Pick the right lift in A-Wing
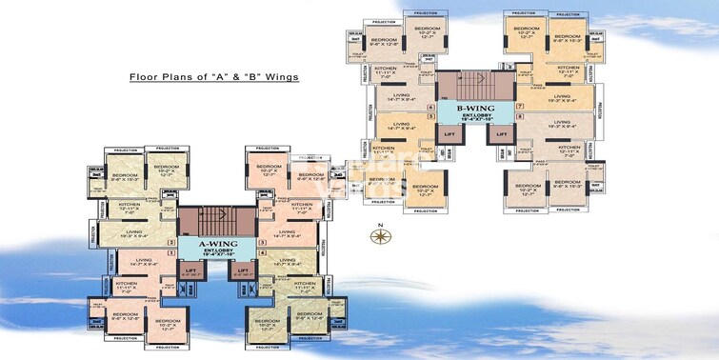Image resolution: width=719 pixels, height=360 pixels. (x=241, y=270)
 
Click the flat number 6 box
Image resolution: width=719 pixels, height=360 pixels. (x=430, y=106)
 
